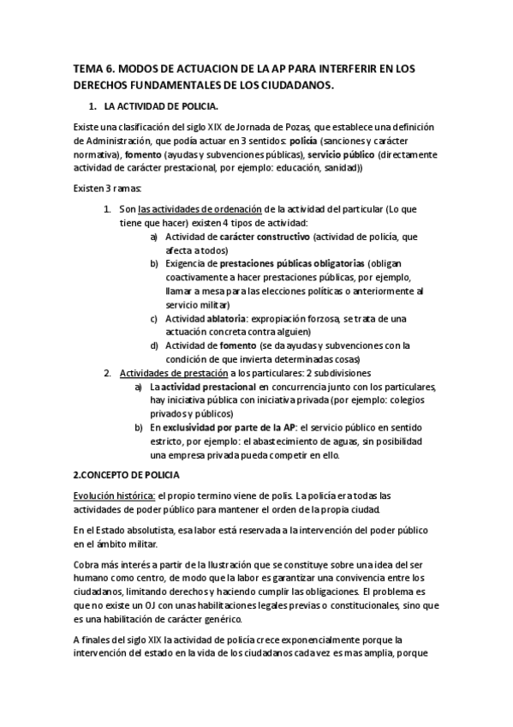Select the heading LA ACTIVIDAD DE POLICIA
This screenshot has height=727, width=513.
[x=161, y=106]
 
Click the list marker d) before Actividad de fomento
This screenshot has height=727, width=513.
[x=153, y=345]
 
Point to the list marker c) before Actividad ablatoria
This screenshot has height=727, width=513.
[x=153, y=318]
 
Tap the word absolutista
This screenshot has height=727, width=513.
[x=154, y=530]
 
